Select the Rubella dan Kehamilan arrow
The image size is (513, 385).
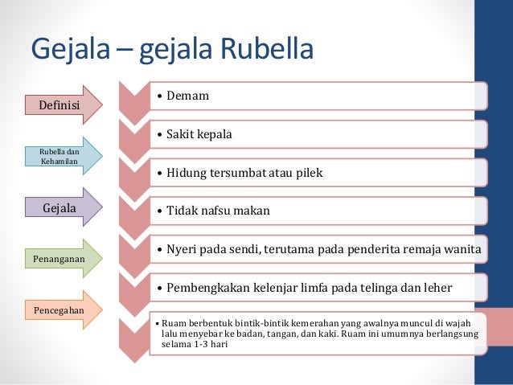(x=58, y=156)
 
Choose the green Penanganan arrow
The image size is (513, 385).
(x=58, y=259)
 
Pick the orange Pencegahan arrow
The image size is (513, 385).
(x=58, y=309)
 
